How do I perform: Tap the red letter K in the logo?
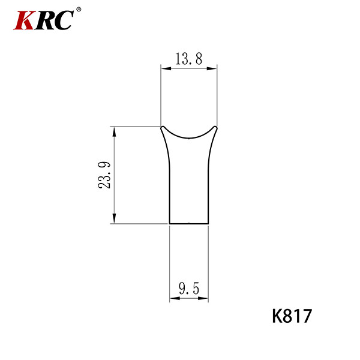[x=24, y=20]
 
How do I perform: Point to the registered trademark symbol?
[x=79, y=10]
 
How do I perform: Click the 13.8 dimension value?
[x=189, y=59]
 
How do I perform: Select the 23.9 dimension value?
[x=104, y=175]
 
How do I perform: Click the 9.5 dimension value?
[x=189, y=289]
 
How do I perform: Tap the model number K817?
[x=292, y=316]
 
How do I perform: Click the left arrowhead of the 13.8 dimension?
[x=166, y=68]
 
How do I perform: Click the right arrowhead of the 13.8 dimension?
[x=212, y=68]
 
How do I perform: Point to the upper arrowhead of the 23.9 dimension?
[x=114, y=131]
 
